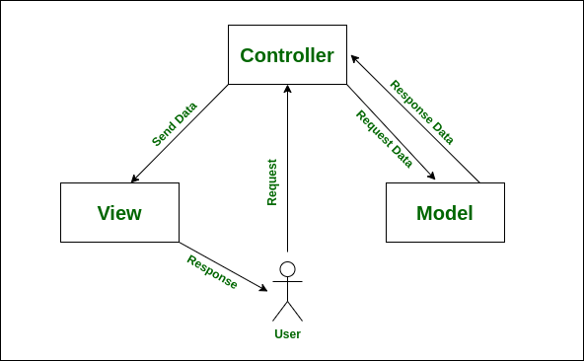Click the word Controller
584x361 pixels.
(x=287, y=56)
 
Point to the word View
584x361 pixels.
(x=119, y=213)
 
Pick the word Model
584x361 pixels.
(x=444, y=213)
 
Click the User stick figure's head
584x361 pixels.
(x=287, y=269)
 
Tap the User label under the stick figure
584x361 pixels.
(x=287, y=334)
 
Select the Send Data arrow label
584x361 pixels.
(x=174, y=124)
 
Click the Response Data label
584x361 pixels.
(x=422, y=112)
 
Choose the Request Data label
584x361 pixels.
(x=384, y=139)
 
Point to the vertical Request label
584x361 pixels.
(x=272, y=182)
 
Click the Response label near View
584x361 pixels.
(x=212, y=272)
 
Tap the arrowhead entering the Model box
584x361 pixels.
(x=432, y=178)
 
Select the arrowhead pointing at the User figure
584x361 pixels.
(x=263, y=288)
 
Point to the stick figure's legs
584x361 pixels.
(x=287, y=311)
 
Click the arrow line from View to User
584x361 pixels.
(x=222, y=265)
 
